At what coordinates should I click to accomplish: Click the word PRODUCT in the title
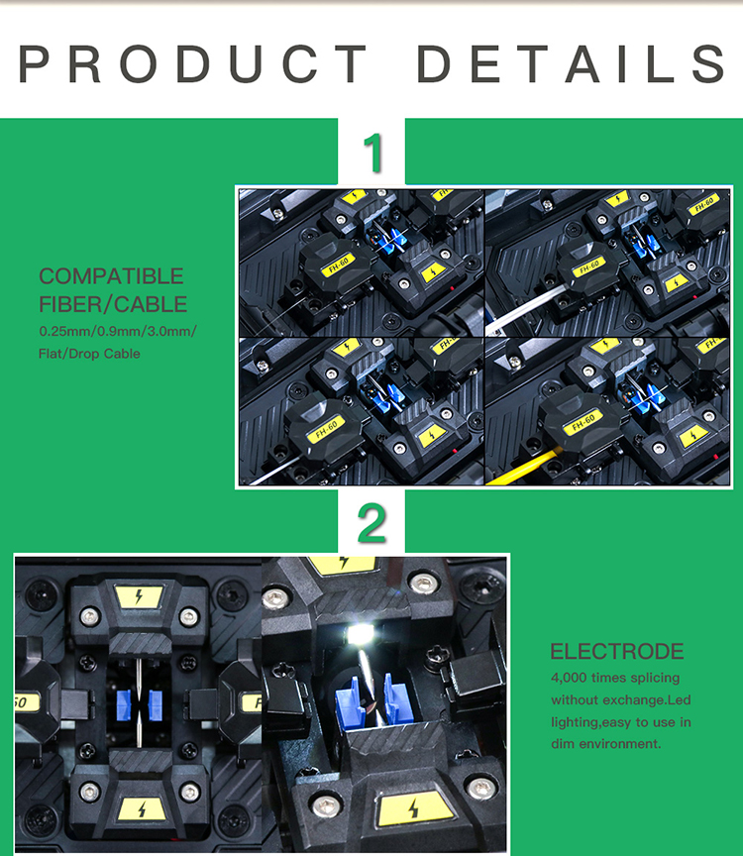click(193, 63)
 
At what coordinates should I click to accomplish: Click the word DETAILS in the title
click(571, 63)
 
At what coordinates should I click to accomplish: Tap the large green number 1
click(373, 153)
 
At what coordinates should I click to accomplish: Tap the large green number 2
click(371, 523)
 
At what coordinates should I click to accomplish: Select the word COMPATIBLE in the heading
click(111, 276)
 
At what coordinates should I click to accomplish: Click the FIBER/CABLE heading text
click(113, 304)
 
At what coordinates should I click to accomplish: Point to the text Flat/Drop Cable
click(89, 354)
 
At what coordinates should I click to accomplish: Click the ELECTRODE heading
click(617, 651)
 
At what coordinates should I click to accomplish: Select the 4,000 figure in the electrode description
click(569, 678)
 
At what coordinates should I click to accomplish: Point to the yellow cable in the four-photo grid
click(522, 468)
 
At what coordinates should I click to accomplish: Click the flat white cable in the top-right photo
click(525, 309)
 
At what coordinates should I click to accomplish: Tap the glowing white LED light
click(360, 634)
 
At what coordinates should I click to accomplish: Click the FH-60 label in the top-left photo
click(338, 266)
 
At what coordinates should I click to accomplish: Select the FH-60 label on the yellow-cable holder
click(584, 422)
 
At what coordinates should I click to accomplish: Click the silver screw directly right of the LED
click(423, 584)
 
